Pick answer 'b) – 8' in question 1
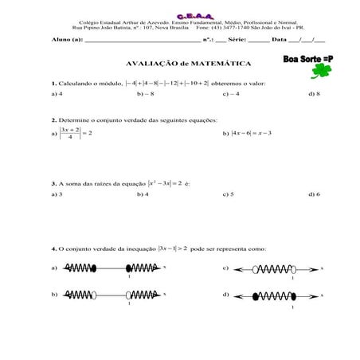click(145, 94)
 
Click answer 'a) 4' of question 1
click(56, 94)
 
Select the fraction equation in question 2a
click(76, 134)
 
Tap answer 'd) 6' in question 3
click(313, 194)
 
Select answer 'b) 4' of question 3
click(143, 194)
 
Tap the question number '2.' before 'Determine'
click(53, 119)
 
